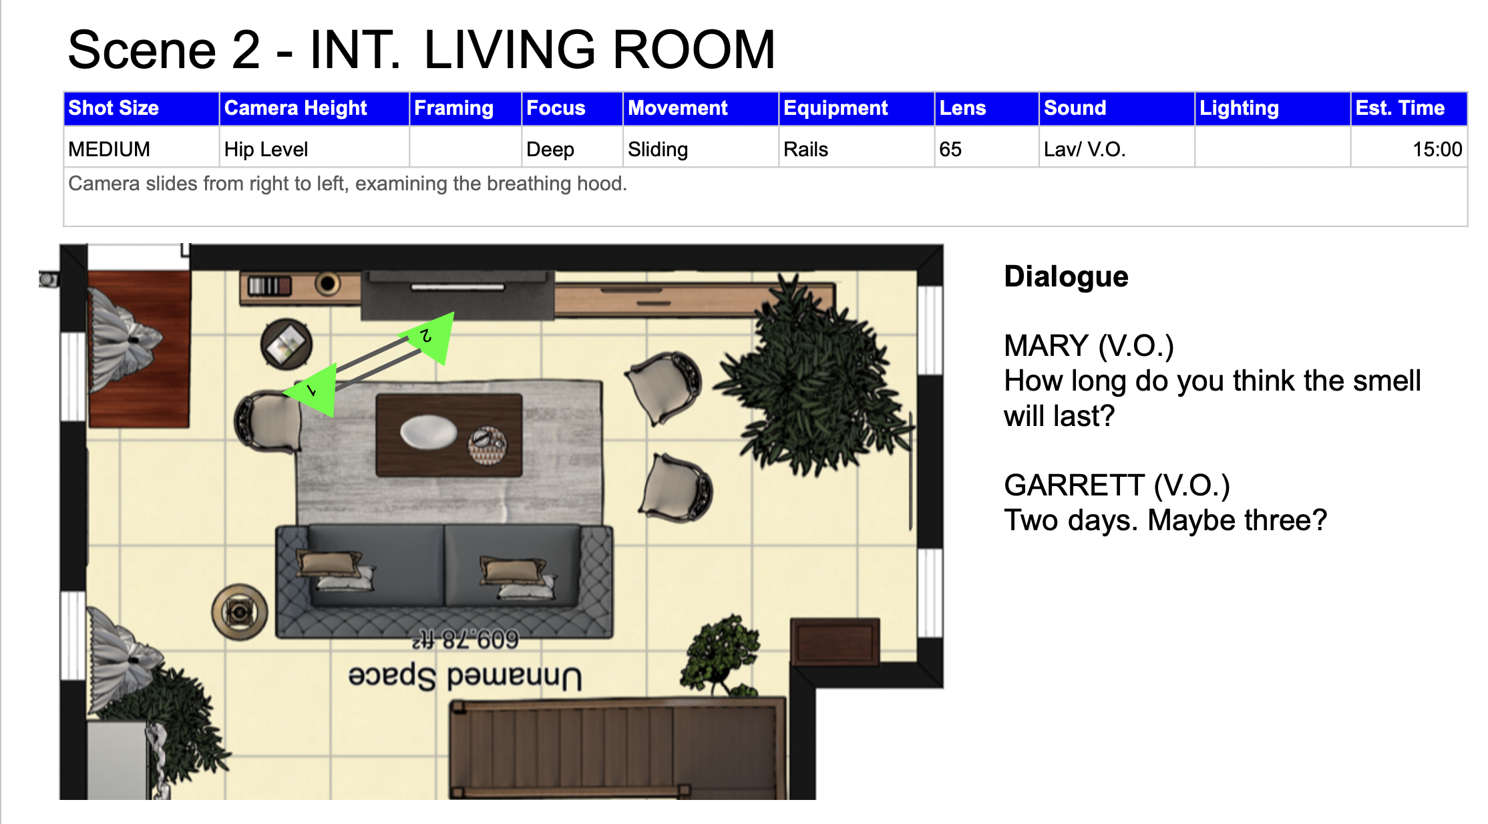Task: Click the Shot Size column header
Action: pyautogui.click(x=141, y=108)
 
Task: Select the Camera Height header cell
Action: pyautogui.click(x=314, y=108)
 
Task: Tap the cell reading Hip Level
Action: pyautogui.click(x=314, y=149)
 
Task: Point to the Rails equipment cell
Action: pyautogui.click(x=856, y=149)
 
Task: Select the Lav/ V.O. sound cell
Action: pyautogui.click(x=1116, y=149)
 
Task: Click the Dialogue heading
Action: pyautogui.click(x=1066, y=276)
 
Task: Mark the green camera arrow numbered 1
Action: pyautogui.click(x=311, y=390)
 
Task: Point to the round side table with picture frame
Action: pyautogui.click(x=287, y=345)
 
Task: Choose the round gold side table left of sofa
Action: pyautogui.click(x=240, y=611)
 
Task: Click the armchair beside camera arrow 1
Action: pyautogui.click(x=267, y=422)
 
